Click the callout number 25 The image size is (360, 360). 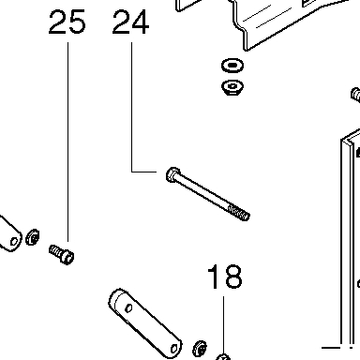[x=67, y=22]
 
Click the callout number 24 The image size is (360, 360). [x=130, y=22]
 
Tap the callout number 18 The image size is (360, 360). [x=225, y=277]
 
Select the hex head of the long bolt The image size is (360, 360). [x=172, y=175]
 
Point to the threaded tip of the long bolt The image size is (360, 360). [x=239, y=213]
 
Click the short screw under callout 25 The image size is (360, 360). [x=62, y=254]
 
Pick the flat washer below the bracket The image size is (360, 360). [x=232, y=66]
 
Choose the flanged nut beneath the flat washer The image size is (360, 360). [x=232, y=87]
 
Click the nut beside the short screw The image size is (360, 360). [x=33, y=237]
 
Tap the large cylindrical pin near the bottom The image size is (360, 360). [x=145, y=323]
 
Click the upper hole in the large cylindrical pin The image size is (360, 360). [x=128, y=308]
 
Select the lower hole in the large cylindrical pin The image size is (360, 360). [x=174, y=348]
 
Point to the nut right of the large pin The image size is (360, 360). [x=200, y=349]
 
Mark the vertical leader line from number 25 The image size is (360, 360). [x=68, y=142]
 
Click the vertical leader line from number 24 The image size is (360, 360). [x=131, y=107]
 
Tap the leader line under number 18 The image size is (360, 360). [x=223, y=325]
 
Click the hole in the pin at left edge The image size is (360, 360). [x=14, y=242]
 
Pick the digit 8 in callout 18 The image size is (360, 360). [x=233, y=277]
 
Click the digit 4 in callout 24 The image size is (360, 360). [x=141, y=22]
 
